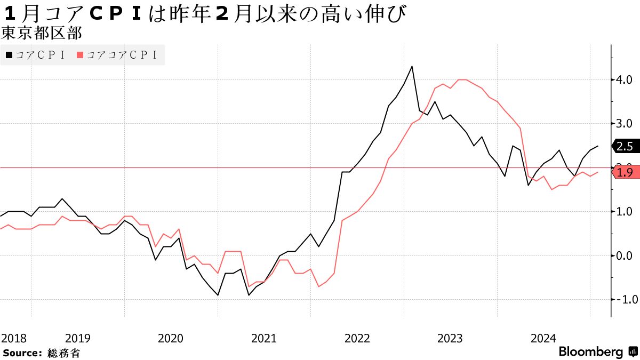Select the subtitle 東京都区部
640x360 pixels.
coord(41,34)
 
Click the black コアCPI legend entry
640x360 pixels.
coord(35,55)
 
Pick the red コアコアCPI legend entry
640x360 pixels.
coord(118,55)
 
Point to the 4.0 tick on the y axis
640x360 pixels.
coord(625,80)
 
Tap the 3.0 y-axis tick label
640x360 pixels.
coord(625,124)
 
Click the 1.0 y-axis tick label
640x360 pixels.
coord(625,212)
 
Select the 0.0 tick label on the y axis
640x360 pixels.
coord(625,256)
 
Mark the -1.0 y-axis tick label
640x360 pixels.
coord(623,300)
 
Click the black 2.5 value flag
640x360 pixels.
coord(626,146)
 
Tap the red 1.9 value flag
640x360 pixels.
coord(626,172)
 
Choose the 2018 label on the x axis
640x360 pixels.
coord(13,338)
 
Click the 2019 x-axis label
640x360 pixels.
coord(78,338)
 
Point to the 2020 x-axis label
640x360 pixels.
coord(171,338)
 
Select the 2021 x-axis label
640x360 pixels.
coord(264,338)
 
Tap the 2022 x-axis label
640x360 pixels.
coord(357,338)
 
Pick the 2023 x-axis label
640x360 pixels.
coord(450,338)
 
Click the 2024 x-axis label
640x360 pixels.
coord(543,338)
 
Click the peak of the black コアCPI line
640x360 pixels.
coord(412,67)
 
